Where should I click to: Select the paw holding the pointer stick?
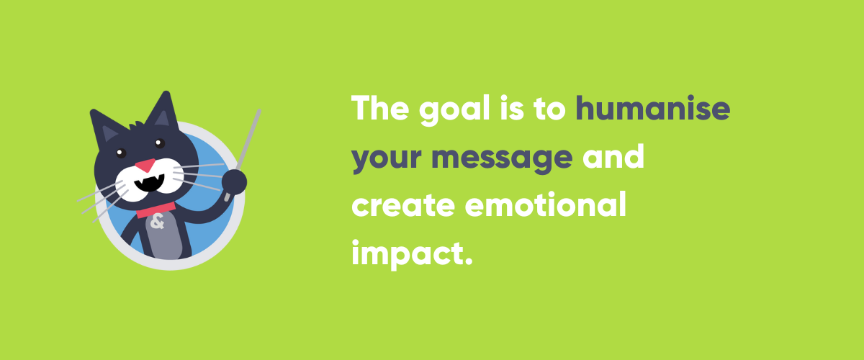(x=234, y=182)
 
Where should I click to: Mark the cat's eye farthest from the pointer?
(x=120, y=153)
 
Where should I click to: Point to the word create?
(x=402, y=206)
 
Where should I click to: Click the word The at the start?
(x=379, y=109)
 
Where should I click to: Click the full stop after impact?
(x=467, y=261)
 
